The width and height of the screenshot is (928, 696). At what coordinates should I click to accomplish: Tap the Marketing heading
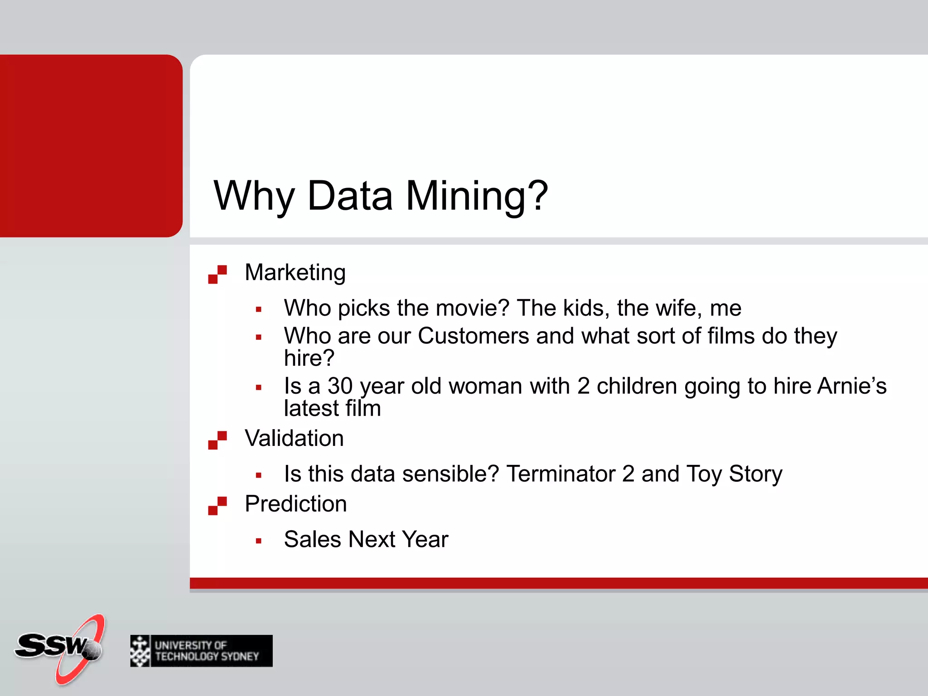[x=295, y=272]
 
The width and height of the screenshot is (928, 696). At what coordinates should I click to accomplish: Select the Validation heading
[x=294, y=438]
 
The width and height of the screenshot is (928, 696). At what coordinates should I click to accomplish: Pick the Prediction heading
[x=295, y=504]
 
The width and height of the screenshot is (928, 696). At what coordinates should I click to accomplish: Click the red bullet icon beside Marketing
[x=217, y=275]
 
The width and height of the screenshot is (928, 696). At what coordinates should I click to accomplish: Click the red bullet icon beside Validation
[x=217, y=440]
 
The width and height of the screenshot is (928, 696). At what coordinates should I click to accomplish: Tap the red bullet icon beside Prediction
[x=217, y=506]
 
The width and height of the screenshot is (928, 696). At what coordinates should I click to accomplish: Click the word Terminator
[x=561, y=474]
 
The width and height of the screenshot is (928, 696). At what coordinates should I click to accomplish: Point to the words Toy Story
[x=734, y=474]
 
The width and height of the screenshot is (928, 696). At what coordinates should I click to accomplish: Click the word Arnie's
[x=852, y=386]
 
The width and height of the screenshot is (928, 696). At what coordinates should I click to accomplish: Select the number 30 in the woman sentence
[x=340, y=386]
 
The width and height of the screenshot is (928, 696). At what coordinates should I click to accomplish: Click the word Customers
[x=473, y=336]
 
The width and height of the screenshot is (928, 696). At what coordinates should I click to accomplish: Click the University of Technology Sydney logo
[x=201, y=651]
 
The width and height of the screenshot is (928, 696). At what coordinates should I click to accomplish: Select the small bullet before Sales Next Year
[x=259, y=541]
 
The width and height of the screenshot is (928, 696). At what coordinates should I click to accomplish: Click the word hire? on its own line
[x=309, y=358]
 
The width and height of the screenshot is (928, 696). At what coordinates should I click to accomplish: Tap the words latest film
[x=332, y=408]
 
